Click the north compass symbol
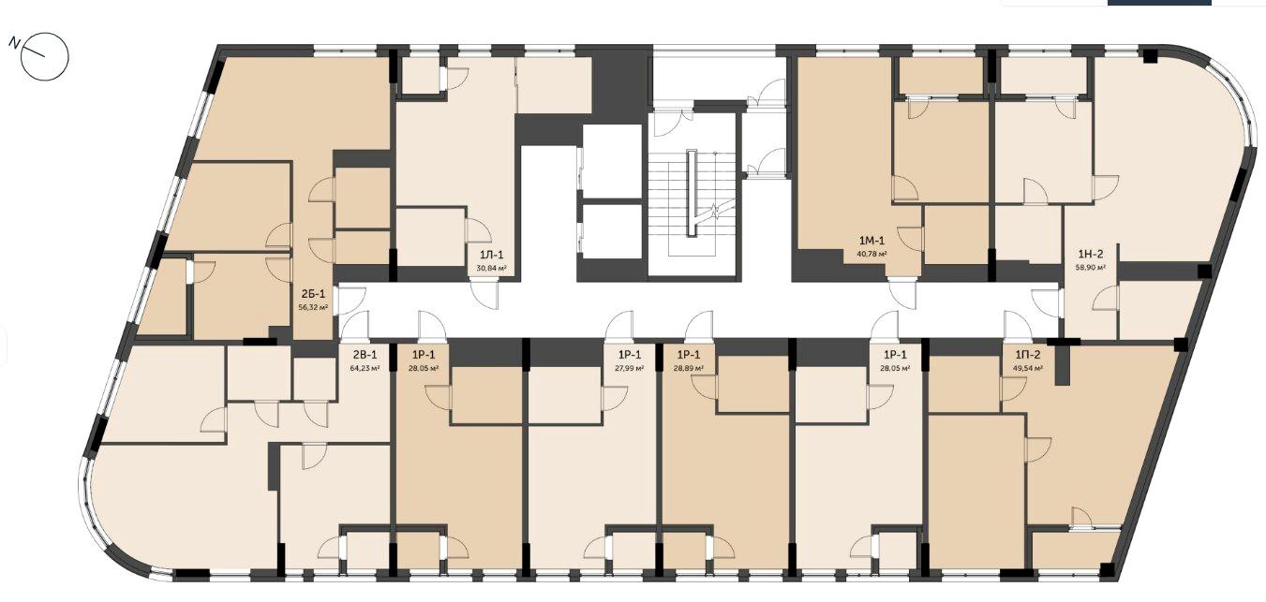[x=45, y=56]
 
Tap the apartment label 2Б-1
[x=313, y=294]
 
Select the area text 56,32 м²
[x=313, y=308]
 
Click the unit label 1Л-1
[x=490, y=255]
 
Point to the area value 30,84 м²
[x=491, y=269]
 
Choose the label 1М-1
[x=871, y=241]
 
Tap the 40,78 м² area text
[x=871, y=254]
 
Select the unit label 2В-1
[x=365, y=355]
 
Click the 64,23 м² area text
[x=365, y=368]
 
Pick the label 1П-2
[x=1027, y=355]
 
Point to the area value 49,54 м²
[x=1027, y=368]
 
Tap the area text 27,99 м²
[x=630, y=368]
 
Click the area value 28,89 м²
[x=689, y=368]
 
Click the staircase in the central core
[x=693, y=194]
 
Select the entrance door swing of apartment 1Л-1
[x=484, y=295]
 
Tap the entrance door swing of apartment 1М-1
[x=902, y=294]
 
